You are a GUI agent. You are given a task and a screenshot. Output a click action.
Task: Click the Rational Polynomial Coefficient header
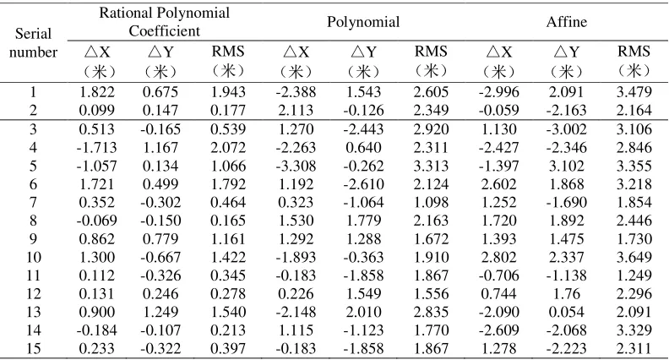click(164, 22)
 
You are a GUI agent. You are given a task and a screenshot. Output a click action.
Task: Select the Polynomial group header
click(363, 22)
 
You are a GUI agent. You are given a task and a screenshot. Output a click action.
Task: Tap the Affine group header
click(566, 22)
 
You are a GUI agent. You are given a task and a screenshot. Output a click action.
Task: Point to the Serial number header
click(33, 43)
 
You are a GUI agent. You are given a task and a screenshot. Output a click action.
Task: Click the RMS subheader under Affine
click(634, 61)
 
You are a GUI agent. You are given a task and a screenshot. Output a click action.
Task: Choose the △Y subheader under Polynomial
click(363, 61)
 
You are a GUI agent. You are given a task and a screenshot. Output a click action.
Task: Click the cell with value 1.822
click(97, 92)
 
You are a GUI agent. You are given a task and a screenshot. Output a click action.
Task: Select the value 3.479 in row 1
click(634, 92)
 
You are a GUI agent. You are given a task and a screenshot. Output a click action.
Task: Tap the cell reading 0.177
click(228, 110)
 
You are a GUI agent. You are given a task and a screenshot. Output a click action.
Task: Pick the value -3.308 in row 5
click(296, 166)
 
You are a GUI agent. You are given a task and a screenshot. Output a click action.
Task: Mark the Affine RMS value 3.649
click(634, 257)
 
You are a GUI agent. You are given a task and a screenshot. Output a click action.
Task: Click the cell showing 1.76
click(566, 294)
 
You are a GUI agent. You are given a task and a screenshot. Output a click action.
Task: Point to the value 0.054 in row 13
click(566, 312)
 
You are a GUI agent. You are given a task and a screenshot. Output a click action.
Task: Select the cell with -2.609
click(498, 330)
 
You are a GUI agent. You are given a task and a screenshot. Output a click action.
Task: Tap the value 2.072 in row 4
click(228, 147)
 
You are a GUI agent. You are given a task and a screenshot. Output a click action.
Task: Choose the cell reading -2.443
click(363, 128)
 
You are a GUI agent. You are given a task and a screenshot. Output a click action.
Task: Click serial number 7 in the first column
click(33, 202)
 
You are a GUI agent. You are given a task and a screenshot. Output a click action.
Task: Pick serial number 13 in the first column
click(33, 312)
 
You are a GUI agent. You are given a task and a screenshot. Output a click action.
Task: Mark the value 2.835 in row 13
click(431, 312)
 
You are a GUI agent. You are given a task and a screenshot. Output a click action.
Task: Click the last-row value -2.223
click(566, 348)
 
